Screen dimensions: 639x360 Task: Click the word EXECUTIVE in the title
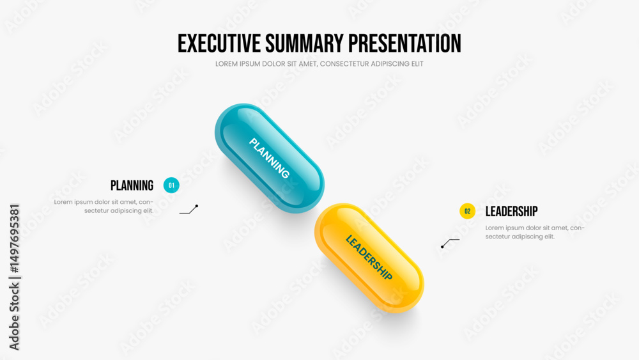pos(219,43)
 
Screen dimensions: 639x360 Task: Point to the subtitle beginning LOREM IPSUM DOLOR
pos(319,64)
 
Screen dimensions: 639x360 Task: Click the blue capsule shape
pos(270,158)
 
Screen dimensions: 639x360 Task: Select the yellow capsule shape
pos(369,258)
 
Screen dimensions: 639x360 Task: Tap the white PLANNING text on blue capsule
pos(270,158)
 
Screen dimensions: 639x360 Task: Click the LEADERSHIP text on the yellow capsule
pos(369,258)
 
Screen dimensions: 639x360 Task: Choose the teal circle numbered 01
pos(171,185)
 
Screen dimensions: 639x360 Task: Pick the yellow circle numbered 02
pos(468,211)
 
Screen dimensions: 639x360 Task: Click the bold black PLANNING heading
pos(132,185)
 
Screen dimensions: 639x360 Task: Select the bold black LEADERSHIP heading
pos(511,211)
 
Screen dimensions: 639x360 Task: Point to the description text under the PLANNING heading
pos(104,207)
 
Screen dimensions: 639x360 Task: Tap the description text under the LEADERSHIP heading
pos(535,232)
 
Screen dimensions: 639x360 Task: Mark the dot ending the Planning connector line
pos(197,207)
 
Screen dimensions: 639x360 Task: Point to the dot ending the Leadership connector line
pos(442,247)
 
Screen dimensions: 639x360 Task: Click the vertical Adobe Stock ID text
pos(14,278)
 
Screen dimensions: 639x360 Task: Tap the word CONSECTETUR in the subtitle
pos(345,64)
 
